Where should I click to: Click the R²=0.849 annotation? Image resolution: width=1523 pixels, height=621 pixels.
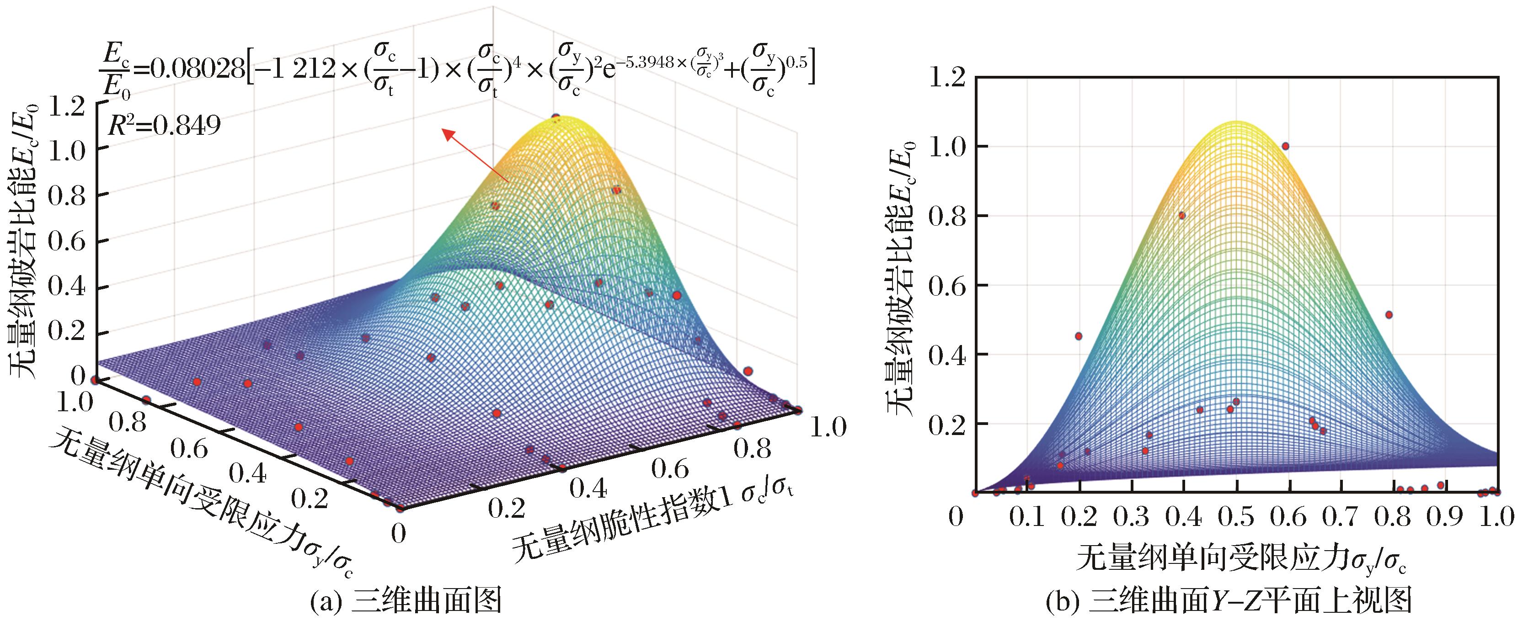point(165,125)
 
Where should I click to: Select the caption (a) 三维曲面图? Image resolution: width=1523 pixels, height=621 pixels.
point(406,602)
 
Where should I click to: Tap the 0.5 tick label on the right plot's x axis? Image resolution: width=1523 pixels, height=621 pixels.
point(1237,518)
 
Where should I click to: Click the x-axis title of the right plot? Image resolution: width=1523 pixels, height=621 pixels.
point(1240,558)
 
